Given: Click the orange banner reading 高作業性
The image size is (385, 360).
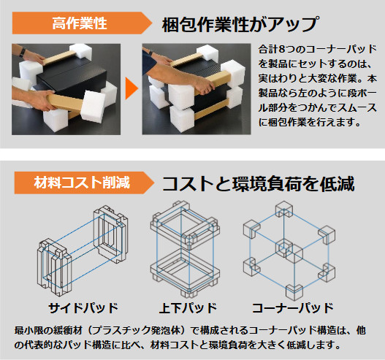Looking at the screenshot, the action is point(83,23).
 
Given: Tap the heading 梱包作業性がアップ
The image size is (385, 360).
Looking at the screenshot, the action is point(240,24).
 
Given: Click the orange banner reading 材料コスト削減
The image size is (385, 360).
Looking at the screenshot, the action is point(84,183).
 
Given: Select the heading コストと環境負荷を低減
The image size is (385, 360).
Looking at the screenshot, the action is point(259,184).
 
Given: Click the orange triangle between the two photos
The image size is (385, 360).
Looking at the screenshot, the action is point(131,88).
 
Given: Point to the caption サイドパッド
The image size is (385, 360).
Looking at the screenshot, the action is point(83,307).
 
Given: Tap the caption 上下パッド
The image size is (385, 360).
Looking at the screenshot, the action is point(188,307).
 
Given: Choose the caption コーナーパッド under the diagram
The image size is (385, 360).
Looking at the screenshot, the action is point(293,307).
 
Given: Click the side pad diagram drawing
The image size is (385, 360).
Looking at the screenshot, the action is point(83,250).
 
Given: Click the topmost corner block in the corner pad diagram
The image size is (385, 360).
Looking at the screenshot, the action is point(284,209).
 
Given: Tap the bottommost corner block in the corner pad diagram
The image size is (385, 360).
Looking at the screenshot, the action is point(294,291).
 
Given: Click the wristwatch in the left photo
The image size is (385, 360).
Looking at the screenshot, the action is point(23,52).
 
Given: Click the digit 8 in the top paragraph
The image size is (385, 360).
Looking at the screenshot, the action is point(282,50).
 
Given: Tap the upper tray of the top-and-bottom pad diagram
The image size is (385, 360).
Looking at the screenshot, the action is point(185,223).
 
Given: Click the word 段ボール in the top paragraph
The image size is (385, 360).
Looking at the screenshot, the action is point(359,93).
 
